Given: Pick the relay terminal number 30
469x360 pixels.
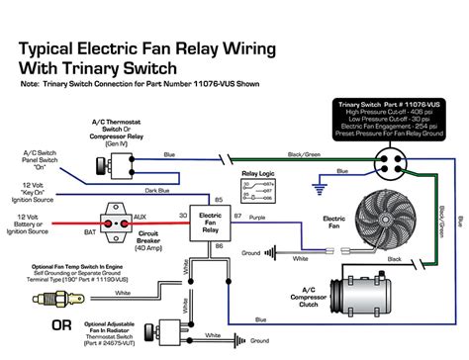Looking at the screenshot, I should [x=184, y=216].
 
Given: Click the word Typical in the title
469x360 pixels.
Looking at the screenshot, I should [x=58, y=46].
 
